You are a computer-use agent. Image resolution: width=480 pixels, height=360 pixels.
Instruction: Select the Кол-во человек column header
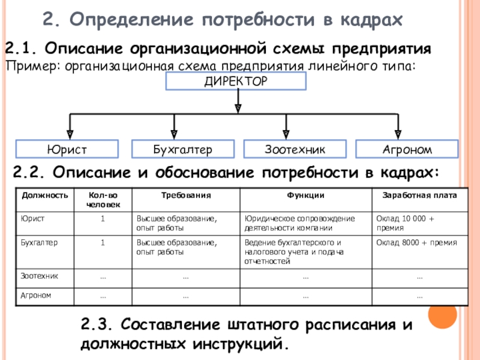pyautogui.click(x=103, y=200)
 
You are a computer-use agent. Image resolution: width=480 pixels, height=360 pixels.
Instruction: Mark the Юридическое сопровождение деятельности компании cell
pyautogui.click(x=306, y=223)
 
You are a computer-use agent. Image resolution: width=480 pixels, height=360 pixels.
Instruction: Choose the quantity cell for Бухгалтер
pyautogui.click(x=103, y=243)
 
